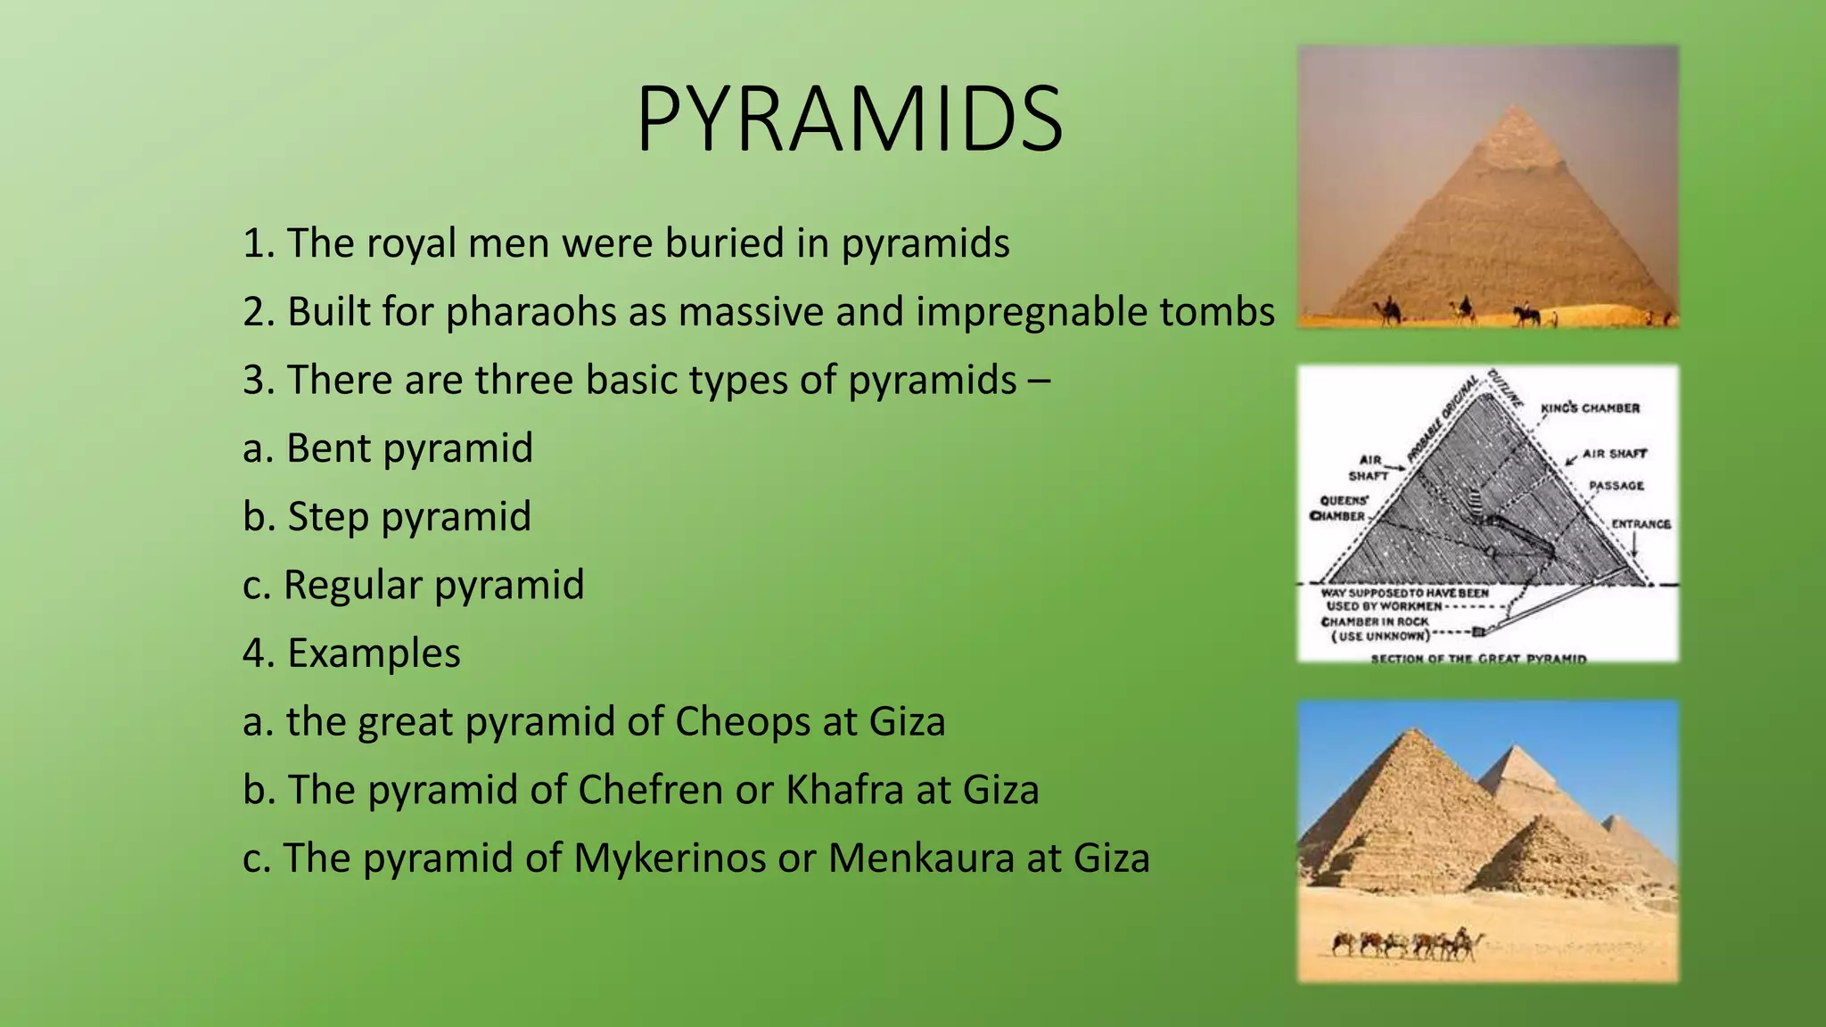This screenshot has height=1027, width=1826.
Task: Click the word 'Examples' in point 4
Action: click(374, 653)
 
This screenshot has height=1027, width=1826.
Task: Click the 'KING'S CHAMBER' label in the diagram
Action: click(1590, 408)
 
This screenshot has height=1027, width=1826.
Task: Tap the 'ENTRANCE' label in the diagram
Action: click(1641, 524)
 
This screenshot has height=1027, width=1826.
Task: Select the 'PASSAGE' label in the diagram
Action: click(1616, 486)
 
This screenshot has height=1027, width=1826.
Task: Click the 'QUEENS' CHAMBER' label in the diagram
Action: click(1340, 508)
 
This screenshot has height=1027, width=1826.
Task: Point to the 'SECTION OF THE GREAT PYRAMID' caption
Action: click(1478, 659)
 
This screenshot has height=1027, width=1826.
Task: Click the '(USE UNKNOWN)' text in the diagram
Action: click(1380, 636)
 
